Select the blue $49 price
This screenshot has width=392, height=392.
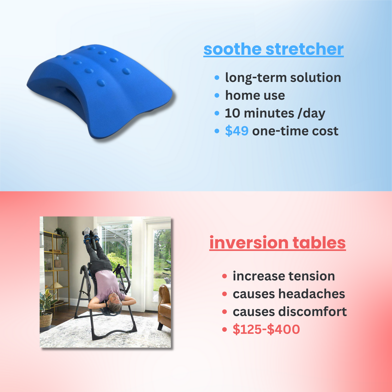click(237, 131)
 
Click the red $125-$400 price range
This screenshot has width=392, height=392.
click(266, 329)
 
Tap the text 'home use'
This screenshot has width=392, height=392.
click(255, 95)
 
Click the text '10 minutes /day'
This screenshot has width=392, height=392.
click(275, 113)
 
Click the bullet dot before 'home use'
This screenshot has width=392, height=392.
click(217, 95)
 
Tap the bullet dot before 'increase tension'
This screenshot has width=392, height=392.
click(225, 276)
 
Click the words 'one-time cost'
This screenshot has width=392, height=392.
click(295, 131)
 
